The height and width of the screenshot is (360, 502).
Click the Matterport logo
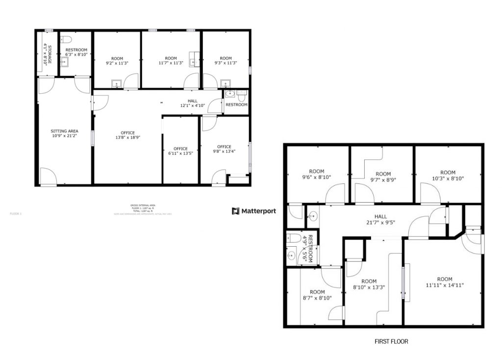[254, 211]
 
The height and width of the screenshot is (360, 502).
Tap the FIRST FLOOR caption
[391, 341]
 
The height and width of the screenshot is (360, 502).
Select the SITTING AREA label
[65, 134]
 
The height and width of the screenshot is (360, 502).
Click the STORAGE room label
[47, 54]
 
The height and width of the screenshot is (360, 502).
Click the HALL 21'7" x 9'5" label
[380, 219]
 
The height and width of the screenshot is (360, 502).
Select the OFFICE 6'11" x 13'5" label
[180, 152]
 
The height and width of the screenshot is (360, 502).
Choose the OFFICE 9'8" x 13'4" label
[224, 149]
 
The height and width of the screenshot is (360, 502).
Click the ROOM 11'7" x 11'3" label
[171, 61]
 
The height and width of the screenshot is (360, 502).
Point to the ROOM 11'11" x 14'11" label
[445, 282]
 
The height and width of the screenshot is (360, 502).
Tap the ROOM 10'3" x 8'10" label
[448, 176]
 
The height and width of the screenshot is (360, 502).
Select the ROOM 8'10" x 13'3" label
[369, 284]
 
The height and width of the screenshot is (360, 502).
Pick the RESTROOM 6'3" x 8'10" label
[76, 52]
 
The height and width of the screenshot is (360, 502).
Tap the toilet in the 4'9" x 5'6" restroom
[292, 239]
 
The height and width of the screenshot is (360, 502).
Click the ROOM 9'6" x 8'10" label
[317, 175]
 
